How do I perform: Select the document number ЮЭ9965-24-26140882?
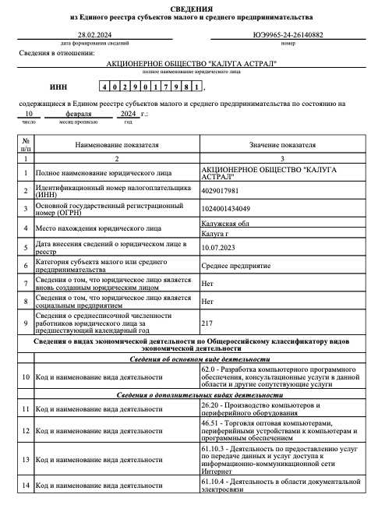pyautogui.click(x=287, y=34)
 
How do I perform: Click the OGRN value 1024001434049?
pyautogui.click(x=227, y=209)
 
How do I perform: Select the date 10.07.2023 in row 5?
pyautogui.click(x=217, y=246)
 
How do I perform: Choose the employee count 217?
pyautogui.click(x=207, y=323)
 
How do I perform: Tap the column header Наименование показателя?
pyautogui.click(x=117, y=145)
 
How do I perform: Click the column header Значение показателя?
pyautogui.click(x=282, y=145)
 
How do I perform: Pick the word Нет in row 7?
pyautogui.click(x=207, y=284)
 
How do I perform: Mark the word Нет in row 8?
pyautogui.click(x=207, y=300)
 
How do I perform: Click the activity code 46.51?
pyautogui.click(x=210, y=423)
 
